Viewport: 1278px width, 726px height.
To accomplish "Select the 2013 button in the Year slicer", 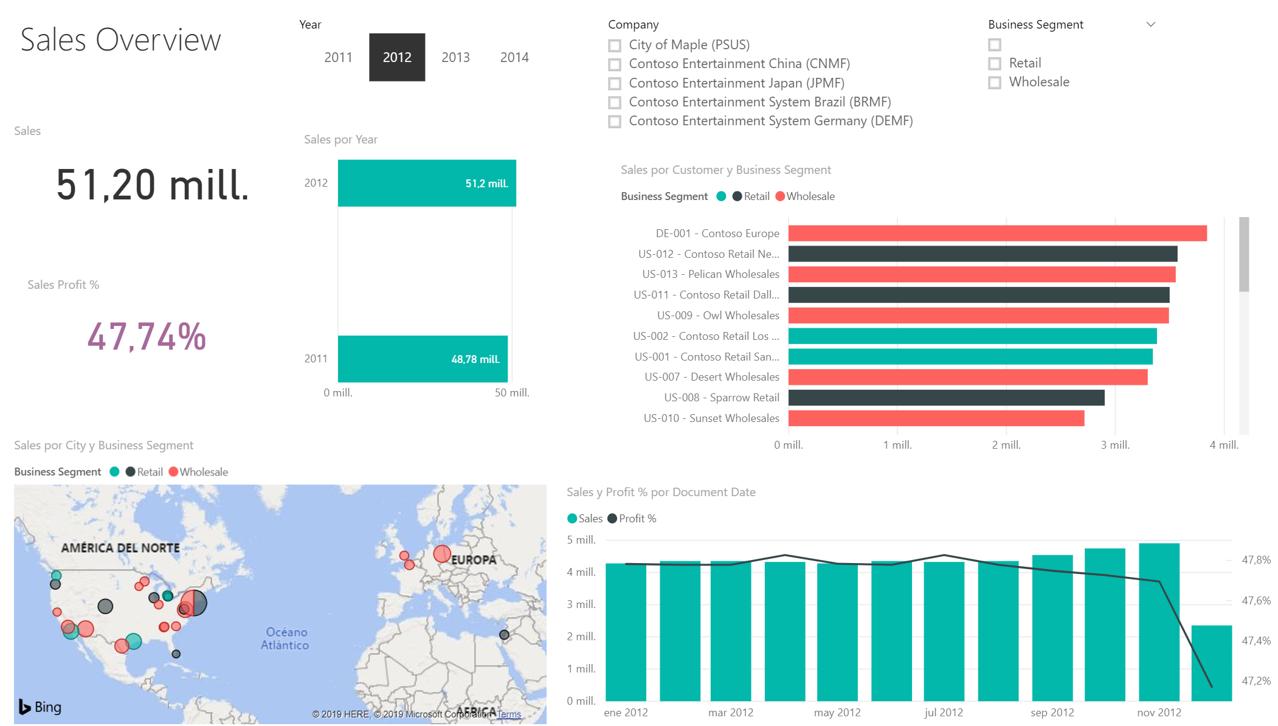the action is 455,57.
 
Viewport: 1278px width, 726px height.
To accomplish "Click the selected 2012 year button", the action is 397,57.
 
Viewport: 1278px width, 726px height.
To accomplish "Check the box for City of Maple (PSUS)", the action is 615,46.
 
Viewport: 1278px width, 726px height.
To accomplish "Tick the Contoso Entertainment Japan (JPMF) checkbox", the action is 615,83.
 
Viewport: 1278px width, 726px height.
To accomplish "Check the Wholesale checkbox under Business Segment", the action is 995,83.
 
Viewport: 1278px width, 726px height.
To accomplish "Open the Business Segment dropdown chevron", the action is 1150,24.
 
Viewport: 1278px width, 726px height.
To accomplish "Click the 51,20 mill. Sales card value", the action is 153,185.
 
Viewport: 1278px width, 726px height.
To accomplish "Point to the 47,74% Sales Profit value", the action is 147,336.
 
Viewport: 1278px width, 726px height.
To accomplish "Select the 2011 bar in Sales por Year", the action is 423,359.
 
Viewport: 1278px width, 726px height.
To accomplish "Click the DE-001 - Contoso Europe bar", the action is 998,233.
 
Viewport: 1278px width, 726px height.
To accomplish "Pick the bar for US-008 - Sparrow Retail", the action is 947,398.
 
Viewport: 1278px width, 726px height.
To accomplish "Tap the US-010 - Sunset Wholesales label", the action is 711,418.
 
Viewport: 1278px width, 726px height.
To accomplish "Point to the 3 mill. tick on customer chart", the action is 1115,445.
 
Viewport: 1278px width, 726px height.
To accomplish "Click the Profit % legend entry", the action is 632,519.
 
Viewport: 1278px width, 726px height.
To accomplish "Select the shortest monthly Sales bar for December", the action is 1212,663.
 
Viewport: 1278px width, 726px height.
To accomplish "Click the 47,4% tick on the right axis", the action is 1256,641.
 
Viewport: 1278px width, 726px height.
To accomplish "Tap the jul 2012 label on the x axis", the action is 944,713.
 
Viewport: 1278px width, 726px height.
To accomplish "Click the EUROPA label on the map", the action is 474,560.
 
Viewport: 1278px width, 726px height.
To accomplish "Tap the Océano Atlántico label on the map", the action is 285,638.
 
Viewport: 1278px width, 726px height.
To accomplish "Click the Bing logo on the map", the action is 40,707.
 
